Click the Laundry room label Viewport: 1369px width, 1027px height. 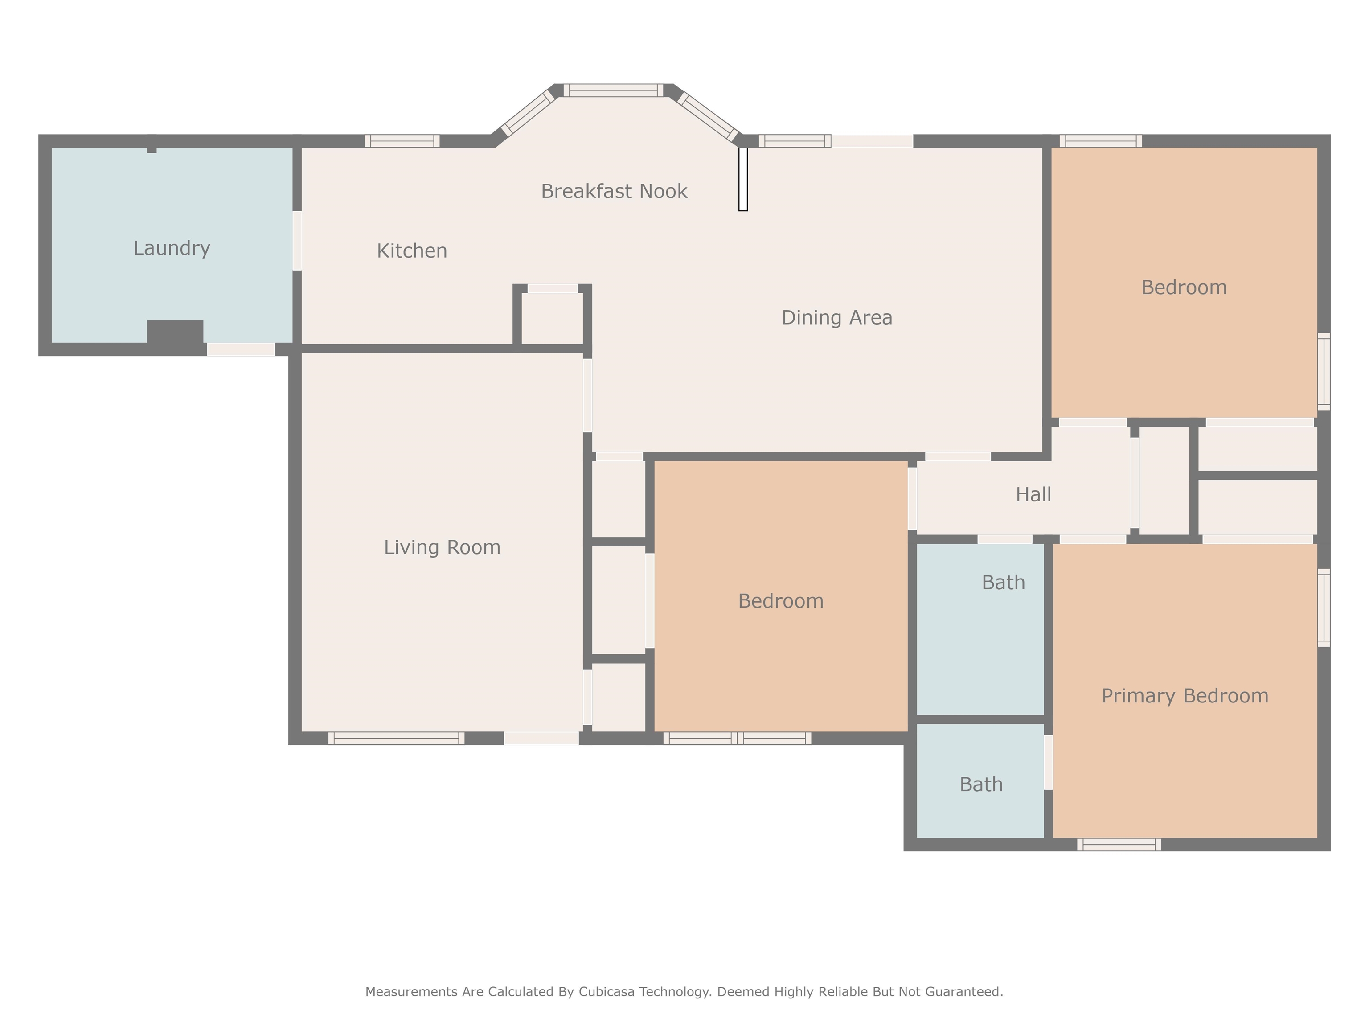tap(172, 248)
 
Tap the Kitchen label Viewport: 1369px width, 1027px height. tap(412, 251)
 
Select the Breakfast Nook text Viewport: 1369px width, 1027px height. tap(614, 191)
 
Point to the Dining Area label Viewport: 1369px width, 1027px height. tap(837, 317)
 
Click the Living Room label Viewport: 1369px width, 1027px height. tap(442, 547)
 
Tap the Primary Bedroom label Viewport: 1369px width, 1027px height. tap(1185, 696)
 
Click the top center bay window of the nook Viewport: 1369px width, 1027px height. tap(613, 91)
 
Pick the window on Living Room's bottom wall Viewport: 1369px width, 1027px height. tap(396, 738)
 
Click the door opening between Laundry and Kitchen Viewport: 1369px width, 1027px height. tap(297, 241)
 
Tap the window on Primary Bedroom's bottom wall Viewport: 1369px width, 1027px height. tap(1119, 844)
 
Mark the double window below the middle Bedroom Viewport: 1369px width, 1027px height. tap(737, 738)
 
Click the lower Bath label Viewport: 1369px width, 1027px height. tap(981, 785)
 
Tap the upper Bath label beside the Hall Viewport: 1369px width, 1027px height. tap(1003, 583)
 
